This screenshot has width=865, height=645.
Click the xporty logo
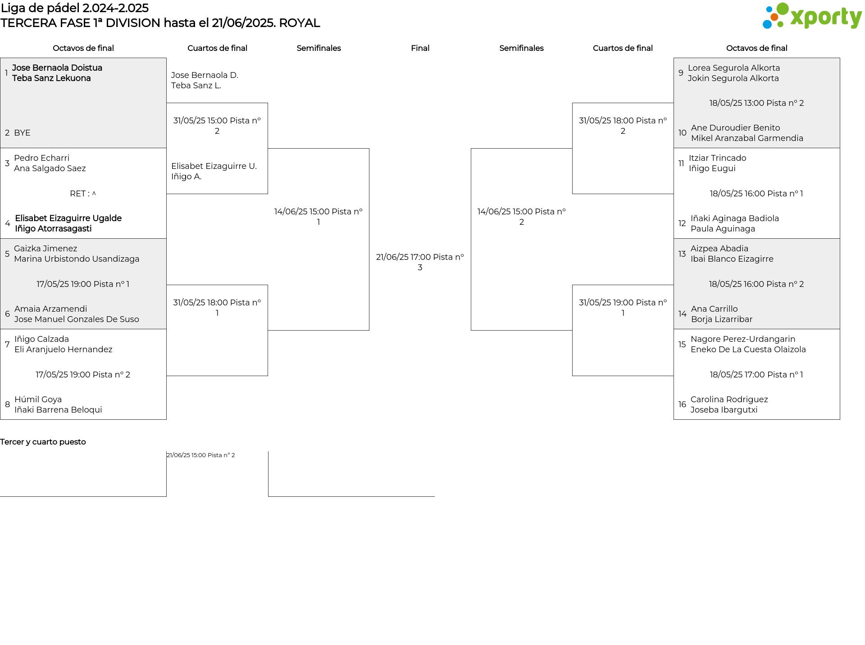coord(812,16)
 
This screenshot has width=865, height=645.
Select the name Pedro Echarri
coord(41,158)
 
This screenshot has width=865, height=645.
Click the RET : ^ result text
coord(83,194)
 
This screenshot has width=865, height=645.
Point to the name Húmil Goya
coord(38,400)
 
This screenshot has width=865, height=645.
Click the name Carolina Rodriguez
coord(729,400)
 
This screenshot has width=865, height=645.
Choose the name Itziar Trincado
coord(717,158)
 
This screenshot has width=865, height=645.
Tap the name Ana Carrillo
coord(714,309)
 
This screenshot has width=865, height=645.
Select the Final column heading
coord(420,48)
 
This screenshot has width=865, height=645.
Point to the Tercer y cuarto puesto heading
coord(43,442)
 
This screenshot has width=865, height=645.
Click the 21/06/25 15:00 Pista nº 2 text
coord(201,455)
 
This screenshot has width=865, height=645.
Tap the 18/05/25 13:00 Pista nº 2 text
coord(756,103)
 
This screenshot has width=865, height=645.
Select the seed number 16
coord(682,404)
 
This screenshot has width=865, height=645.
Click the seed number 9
coord(681,73)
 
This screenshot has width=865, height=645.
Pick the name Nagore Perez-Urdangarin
coord(742,339)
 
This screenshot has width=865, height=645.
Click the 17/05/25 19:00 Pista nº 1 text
coord(83,284)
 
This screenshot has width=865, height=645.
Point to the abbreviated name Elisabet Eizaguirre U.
coord(214,166)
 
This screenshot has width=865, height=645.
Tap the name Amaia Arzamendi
coord(50,309)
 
